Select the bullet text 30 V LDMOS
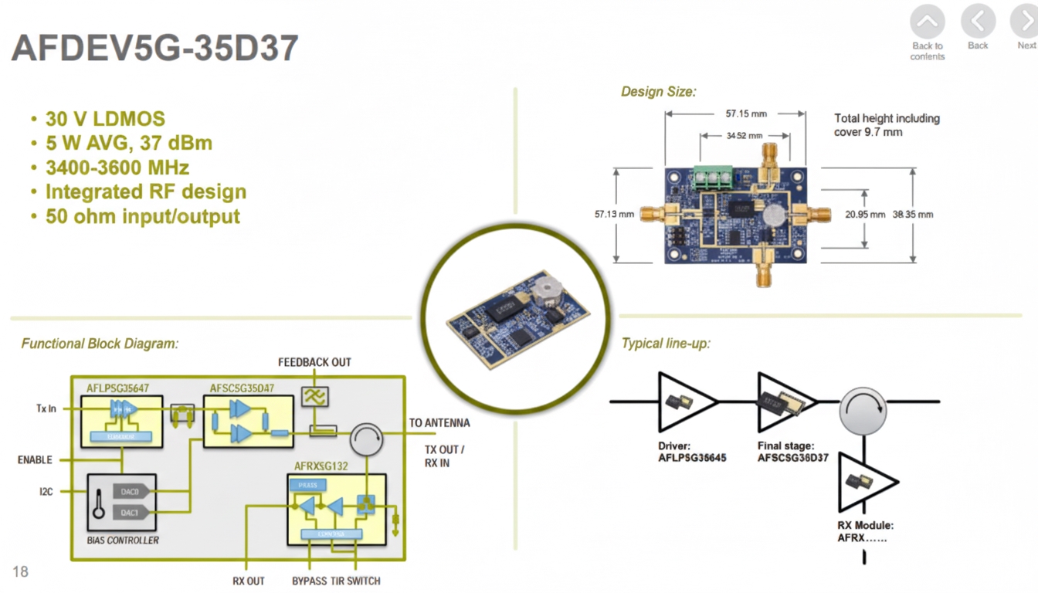point(105,119)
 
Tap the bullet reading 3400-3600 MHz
point(117,168)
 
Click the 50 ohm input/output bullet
point(142,216)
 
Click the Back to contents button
point(927,23)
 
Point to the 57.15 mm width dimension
point(745,114)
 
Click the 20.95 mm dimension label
point(864,214)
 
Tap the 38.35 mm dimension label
point(912,214)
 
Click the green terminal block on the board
point(712,178)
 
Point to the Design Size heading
point(658,92)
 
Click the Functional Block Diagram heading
point(100,344)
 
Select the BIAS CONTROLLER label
point(123,540)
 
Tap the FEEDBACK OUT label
point(314,362)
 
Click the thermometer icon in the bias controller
point(98,503)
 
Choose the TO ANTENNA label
point(439,422)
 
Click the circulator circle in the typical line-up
point(863,410)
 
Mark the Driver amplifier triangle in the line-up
point(684,402)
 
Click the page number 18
point(20,571)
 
